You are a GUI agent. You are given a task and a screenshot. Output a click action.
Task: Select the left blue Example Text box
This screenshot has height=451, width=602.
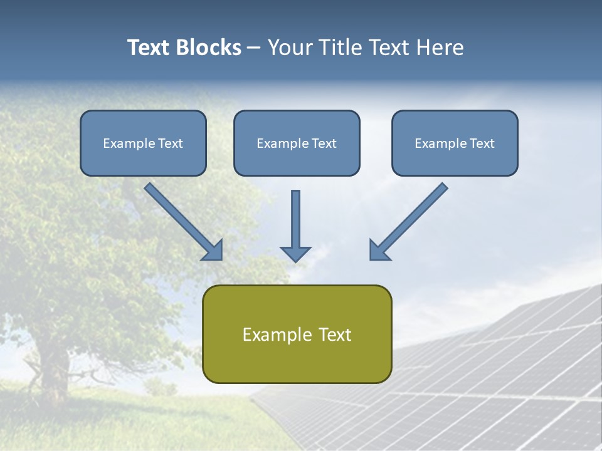tap(143, 143)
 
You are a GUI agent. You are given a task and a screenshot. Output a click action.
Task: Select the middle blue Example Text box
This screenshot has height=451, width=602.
tap(297, 143)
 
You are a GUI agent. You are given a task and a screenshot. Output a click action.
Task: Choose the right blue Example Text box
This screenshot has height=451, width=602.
tap(455, 143)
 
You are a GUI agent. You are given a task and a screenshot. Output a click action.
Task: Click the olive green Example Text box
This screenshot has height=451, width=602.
tap(297, 334)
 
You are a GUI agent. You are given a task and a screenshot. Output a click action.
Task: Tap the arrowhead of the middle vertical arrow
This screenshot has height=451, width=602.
tap(295, 253)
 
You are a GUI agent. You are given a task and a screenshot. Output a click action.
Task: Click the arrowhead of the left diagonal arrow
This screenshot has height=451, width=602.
tap(213, 251)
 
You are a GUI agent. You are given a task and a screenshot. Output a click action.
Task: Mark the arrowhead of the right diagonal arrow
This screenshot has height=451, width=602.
tap(379, 251)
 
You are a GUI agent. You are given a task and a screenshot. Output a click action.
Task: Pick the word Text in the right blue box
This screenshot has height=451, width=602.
tap(482, 143)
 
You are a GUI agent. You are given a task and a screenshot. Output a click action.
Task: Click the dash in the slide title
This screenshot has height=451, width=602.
tap(254, 48)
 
